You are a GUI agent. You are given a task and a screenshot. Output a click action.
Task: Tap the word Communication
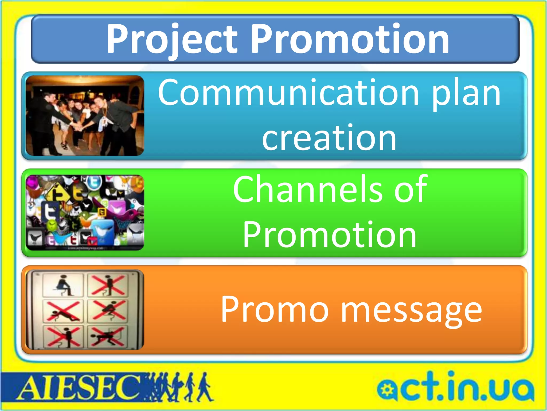[x=288, y=93]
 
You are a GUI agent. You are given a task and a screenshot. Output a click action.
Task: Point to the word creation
[x=329, y=138]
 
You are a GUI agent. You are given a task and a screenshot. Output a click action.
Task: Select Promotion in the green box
[x=329, y=235]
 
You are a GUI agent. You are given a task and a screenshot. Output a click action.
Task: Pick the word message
[x=411, y=312]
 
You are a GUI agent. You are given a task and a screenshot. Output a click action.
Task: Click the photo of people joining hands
[x=85, y=116]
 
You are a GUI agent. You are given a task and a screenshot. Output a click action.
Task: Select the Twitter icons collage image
[x=85, y=212]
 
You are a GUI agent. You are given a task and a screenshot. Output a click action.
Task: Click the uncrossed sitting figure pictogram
[x=63, y=285]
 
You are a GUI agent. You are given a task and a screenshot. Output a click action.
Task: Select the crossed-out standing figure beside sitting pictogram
[x=107, y=285]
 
